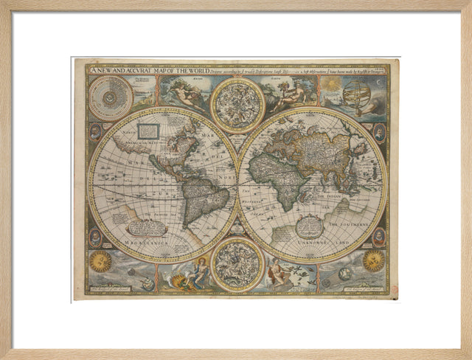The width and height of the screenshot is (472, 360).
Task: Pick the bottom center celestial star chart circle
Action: [x=237, y=264]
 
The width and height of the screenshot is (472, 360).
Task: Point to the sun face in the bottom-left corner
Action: [x=100, y=261]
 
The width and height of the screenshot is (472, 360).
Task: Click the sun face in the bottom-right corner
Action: [x=373, y=260]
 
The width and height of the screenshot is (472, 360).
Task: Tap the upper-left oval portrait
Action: [x=96, y=132]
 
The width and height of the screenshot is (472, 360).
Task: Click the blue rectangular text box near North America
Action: [x=148, y=131]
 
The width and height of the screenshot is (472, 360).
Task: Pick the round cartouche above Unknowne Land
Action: [x=310, y=225]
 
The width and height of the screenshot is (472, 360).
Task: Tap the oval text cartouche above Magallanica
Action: [x=147, y=227]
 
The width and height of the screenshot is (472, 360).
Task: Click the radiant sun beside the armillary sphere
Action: [x=333, y=85]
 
